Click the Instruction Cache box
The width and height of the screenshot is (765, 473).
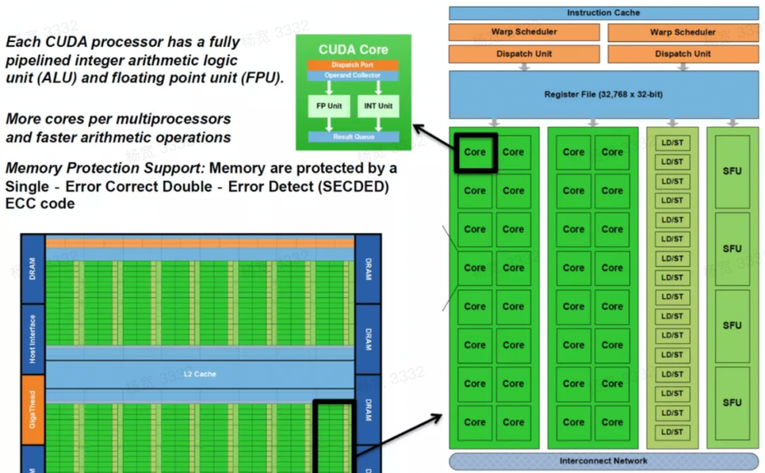(603, 13)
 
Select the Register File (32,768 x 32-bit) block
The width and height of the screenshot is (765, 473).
(603, 94)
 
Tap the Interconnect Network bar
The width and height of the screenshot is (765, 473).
(603, 461)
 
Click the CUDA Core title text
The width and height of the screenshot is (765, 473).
(353, 50)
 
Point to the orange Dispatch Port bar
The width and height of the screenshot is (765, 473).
(353, 65)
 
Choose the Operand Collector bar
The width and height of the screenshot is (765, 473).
(353, 75)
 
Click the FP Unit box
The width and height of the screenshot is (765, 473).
(329, 106)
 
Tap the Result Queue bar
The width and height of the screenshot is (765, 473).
(353, 137)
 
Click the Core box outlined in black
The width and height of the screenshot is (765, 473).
(475, 152)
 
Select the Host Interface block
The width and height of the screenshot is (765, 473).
(33, 339)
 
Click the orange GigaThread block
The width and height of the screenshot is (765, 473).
(33, 410)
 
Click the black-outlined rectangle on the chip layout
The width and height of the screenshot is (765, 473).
(334, 435)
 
